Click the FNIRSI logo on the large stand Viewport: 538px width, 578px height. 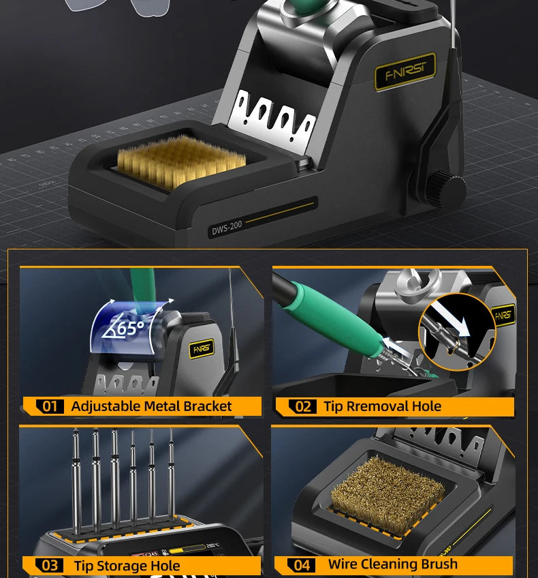click(405, 72)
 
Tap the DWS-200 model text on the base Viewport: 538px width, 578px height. click(227, 226)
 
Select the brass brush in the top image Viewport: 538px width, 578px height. click(181, 162)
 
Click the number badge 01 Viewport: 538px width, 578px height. click(50, 407)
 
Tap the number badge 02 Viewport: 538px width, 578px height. click(303, 407)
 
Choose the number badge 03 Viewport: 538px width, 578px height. click(50, 565)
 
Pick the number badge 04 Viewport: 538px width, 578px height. click(302, 564)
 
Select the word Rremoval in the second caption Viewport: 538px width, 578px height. click(374, 406)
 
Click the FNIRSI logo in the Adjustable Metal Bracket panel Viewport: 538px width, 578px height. click(202, 348)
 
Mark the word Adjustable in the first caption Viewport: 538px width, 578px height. click(106, 406)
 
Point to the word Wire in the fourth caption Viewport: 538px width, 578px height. click(343, 564)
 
